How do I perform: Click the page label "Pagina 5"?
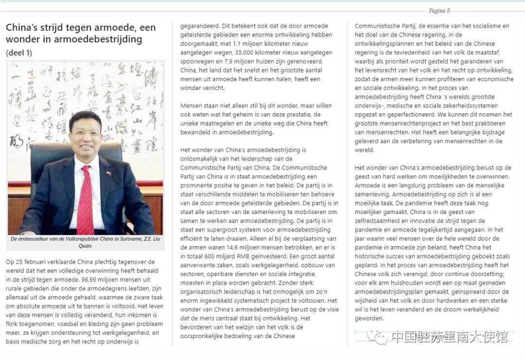(x=439, y=11)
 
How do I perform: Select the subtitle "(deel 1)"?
(x=19, y=53)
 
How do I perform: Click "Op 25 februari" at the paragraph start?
(x=28, y=262)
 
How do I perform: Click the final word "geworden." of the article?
(x=369, y=318)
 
